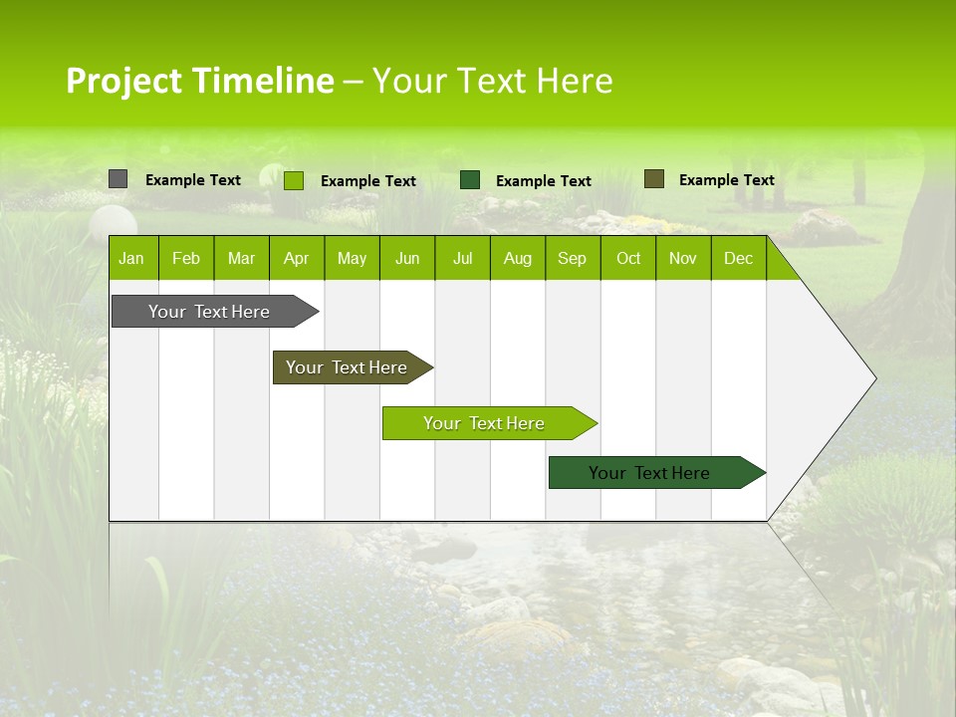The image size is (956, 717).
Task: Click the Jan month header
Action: (x=131, y=258)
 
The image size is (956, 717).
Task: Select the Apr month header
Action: (x=296, y=258)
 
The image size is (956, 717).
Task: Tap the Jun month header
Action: (x=407, y=258)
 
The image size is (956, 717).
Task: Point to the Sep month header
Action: (x=572, y=258)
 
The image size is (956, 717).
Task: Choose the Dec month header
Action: (x=738, y=258)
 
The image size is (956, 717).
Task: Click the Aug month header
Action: (x=517, y=258)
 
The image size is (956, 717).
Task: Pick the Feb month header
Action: (x=186, y=258)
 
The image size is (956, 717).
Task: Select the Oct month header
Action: (x=628, y=258)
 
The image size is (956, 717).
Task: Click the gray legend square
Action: (x=118, y=179)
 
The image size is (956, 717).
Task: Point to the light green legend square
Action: (x=293, y=180)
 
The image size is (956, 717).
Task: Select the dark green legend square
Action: (x=470, y=179)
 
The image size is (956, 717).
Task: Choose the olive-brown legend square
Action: (x=653, y=179)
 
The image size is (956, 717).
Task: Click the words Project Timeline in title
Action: (x=200, y=81)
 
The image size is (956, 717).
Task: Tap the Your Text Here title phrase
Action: (x=492, y=81)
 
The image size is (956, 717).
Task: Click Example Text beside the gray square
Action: (x=193, y=180)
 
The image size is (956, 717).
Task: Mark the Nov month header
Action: (x=683, y=258)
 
